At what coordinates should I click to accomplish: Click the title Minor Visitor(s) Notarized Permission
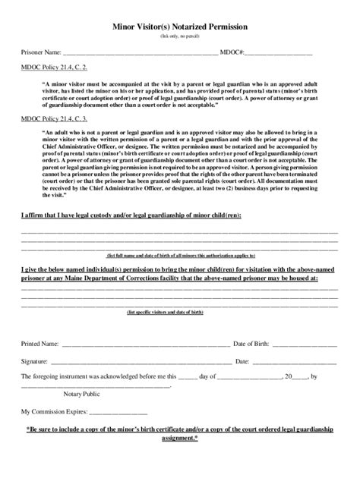tap(180, 26)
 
